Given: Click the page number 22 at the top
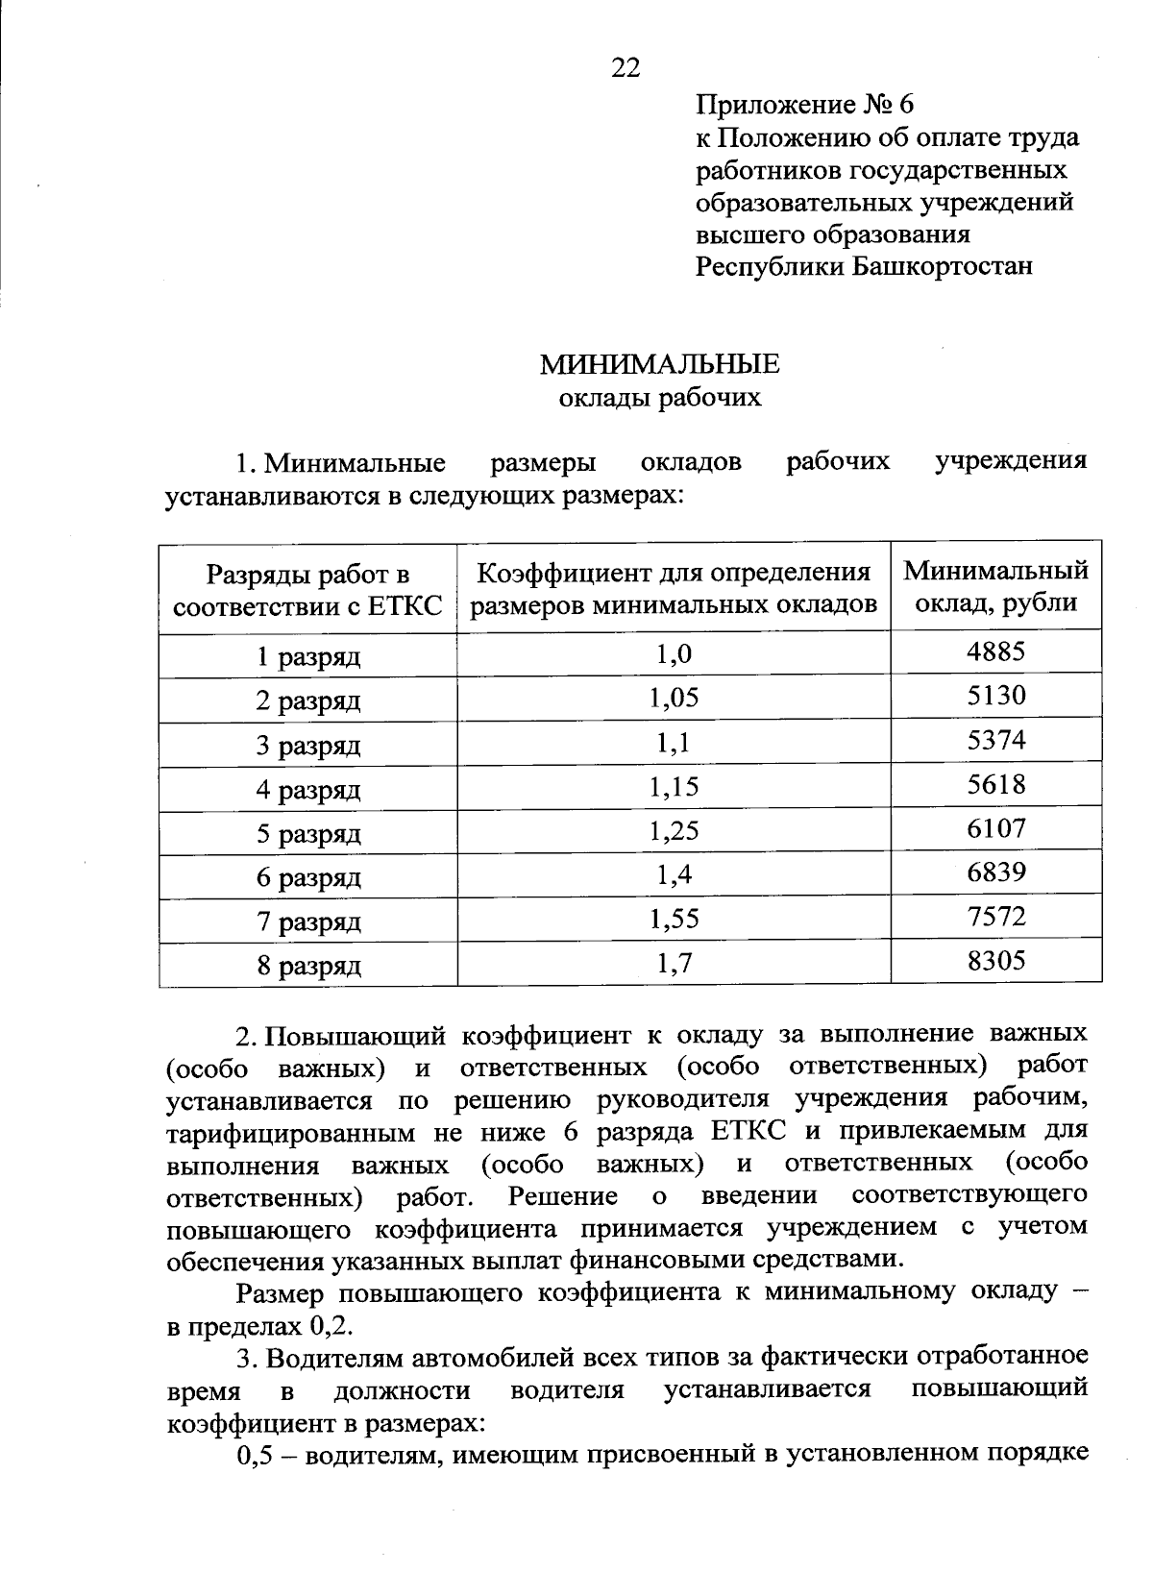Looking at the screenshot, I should tap(626, 67).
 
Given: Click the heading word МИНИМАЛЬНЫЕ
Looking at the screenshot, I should tap(659, 364).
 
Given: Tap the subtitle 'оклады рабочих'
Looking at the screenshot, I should tap(660, 397).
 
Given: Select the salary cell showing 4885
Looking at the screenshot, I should tap(996, 651).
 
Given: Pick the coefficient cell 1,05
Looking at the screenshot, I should tap(674, 699).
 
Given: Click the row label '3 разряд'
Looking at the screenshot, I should tap(307, 746).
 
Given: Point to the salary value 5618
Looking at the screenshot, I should tap(996, 785).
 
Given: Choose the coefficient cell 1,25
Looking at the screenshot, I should tap(674, 831).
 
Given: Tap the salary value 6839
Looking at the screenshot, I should tap(996, 872).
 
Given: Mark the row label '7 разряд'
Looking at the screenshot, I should tap(307, 922).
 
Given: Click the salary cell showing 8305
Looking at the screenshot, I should tap(996, 960).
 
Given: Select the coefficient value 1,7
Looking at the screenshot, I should tap(674, 964).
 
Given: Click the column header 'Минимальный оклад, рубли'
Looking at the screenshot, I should tap(996, 586).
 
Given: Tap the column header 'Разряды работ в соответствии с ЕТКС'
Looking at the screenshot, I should tap(307, 590).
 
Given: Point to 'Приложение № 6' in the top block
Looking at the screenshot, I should tap(807, 104).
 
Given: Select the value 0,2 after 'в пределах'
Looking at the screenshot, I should tap(331, 1326).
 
